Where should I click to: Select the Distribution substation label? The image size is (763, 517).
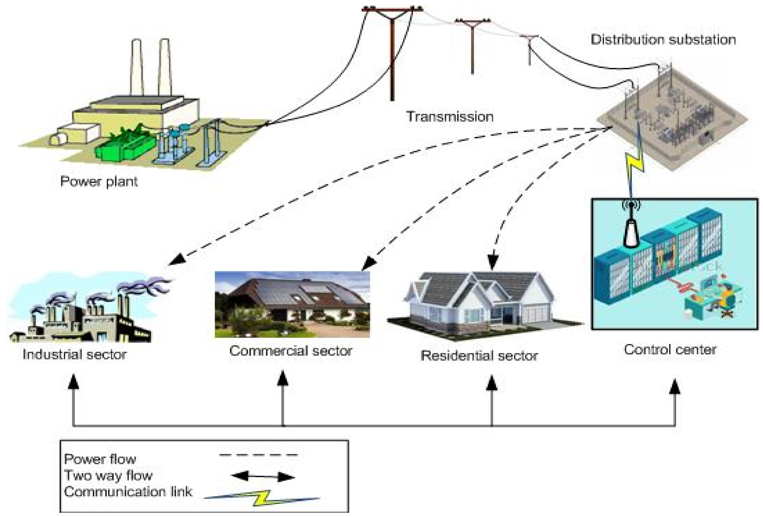[x=663, y=40]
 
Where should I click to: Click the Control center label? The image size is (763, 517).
[x=670, y=350]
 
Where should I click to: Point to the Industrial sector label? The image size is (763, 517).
[x=74, y=355]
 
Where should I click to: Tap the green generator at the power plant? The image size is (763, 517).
[x=125, y=146]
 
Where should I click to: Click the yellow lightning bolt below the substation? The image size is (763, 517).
[x=635, y=164]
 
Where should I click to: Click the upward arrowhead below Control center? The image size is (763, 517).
[x=675, y=387]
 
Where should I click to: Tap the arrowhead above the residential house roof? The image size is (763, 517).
[x=492, y=263]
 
